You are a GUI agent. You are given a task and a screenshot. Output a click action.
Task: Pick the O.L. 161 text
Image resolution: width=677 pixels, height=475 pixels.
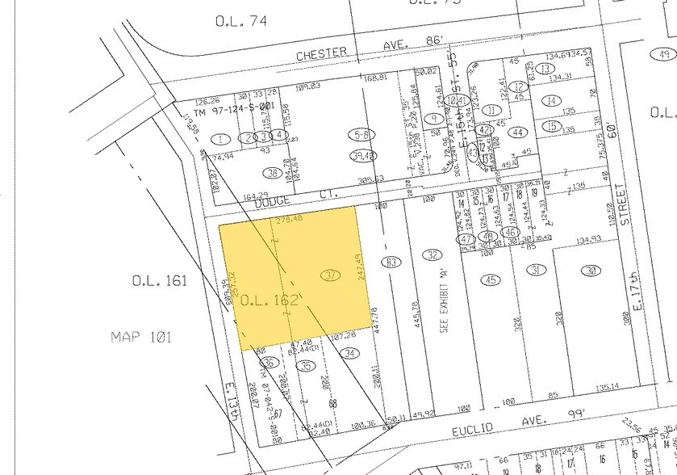coord(160,281)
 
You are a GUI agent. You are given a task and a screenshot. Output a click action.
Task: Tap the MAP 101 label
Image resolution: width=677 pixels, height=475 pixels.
coord(142,337)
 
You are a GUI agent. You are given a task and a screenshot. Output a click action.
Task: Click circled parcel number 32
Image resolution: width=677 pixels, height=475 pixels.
coord(433,254)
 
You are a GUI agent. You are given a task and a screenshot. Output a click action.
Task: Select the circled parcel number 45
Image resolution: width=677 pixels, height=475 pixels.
coord(490,280)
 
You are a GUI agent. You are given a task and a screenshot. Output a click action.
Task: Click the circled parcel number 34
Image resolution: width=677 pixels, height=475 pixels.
coord(349,353)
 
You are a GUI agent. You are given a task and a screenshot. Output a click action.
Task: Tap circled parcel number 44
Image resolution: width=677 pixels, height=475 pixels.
coord(519,132)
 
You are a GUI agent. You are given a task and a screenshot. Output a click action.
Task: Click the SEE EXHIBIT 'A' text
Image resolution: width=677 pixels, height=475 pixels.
coord(443,312)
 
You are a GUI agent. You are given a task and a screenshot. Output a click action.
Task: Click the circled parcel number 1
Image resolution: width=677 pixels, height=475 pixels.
coord(219,139)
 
